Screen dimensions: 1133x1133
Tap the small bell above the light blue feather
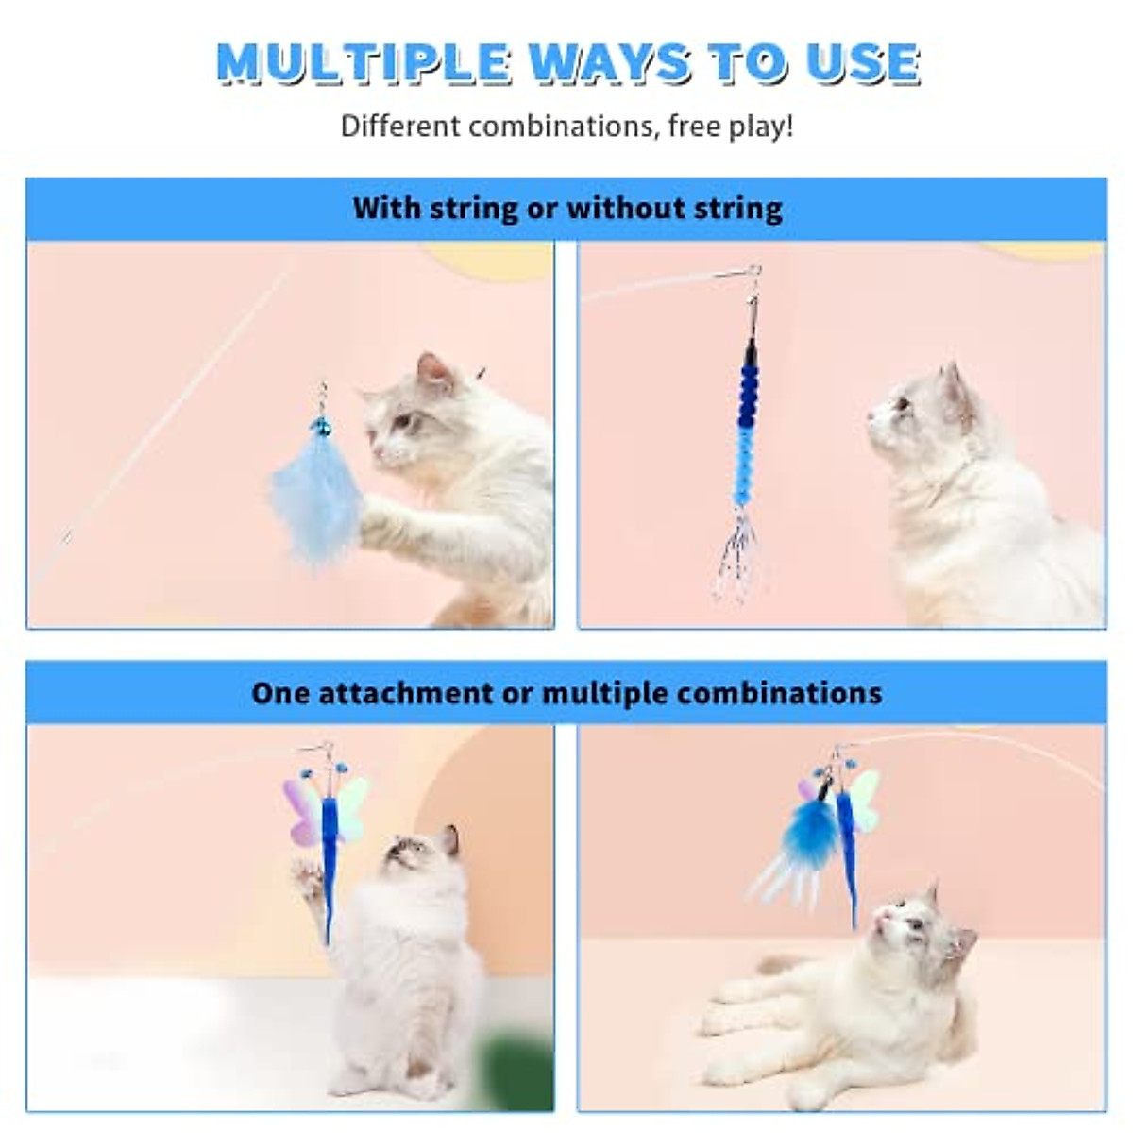tap(321, 427)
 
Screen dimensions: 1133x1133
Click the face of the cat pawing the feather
tap(401, 425)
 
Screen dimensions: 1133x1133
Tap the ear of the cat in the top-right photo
tap(952, 387)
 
